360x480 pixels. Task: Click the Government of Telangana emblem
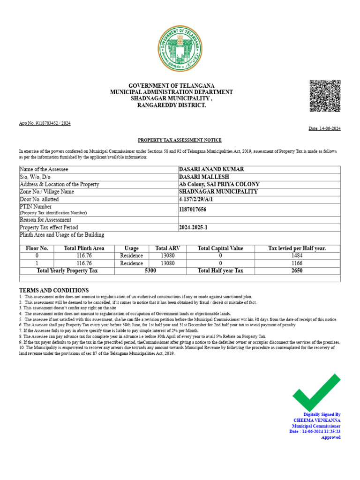tap(180, 49)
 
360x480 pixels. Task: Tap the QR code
tap(325, 96)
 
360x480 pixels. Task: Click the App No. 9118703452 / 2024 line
tap(45, 123)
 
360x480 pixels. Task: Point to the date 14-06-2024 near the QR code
tap(324, 128)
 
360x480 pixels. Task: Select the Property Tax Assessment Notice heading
tap(180, 140)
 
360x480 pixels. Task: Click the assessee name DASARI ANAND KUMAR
tap(211, 169)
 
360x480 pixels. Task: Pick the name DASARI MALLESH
tap(203, 177)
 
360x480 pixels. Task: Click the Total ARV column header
tap(167, 248)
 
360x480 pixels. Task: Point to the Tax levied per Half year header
tap(297, 248)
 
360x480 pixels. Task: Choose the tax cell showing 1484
tap(297, 256)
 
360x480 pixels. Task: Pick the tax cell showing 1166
tap(297, 263)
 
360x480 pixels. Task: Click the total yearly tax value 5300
tap(150, 271)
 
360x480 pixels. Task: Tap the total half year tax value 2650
tap(297, 271)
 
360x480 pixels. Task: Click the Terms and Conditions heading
tap(53, 290)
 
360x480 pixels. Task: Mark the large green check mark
tap(316, 392)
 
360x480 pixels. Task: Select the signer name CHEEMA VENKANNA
tap(317, 420)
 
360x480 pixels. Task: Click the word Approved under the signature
tap(330, 437)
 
